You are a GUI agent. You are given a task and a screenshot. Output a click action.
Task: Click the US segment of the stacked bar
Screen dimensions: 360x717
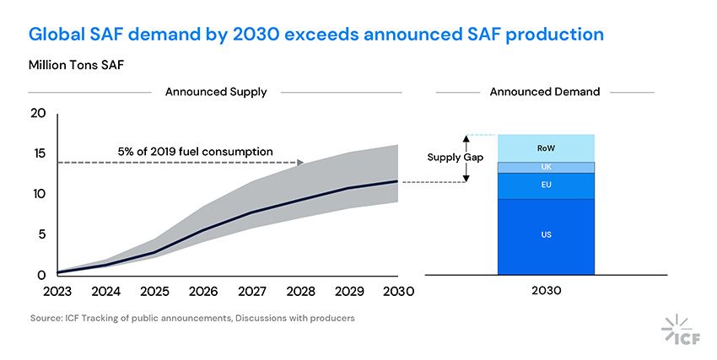[x=546, y=235]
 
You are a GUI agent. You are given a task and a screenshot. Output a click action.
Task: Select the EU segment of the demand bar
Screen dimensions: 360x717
[x=546, y=185]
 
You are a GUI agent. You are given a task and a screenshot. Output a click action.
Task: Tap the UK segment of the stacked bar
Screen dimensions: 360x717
[x=546, y=167]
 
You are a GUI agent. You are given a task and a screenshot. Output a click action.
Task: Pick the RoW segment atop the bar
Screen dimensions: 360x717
[x=546, y=148]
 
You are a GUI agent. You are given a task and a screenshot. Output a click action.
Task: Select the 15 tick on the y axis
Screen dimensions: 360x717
[x=37, y=153]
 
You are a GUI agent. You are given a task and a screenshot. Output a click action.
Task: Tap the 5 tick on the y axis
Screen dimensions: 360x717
[x=40, y=234]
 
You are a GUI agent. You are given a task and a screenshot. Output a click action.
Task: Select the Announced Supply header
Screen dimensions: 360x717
[x=216, y=92]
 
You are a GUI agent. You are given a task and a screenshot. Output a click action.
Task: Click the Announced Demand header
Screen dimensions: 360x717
[x=545, y=92]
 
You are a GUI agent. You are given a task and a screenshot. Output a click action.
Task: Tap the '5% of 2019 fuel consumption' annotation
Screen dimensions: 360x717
[x=195, y=152]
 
